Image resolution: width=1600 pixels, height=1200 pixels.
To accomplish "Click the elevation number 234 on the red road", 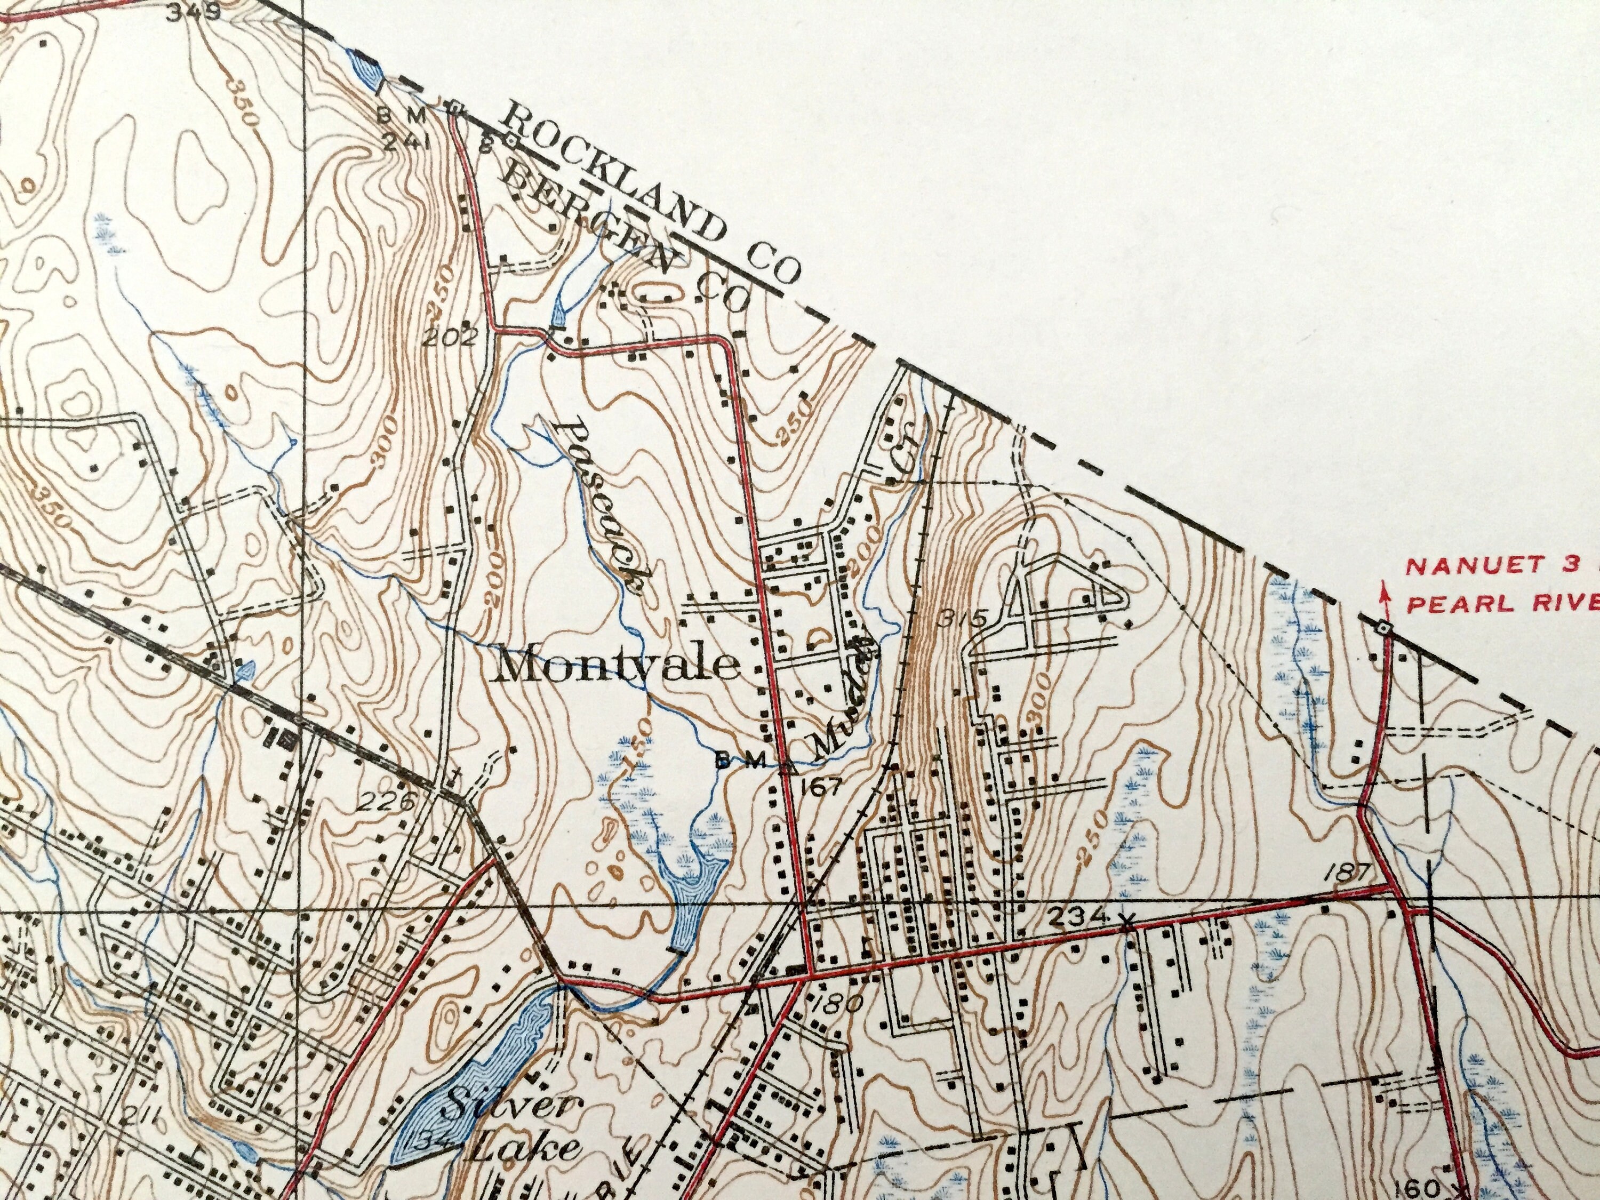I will pyautogui.click(x=1078, y=917).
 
